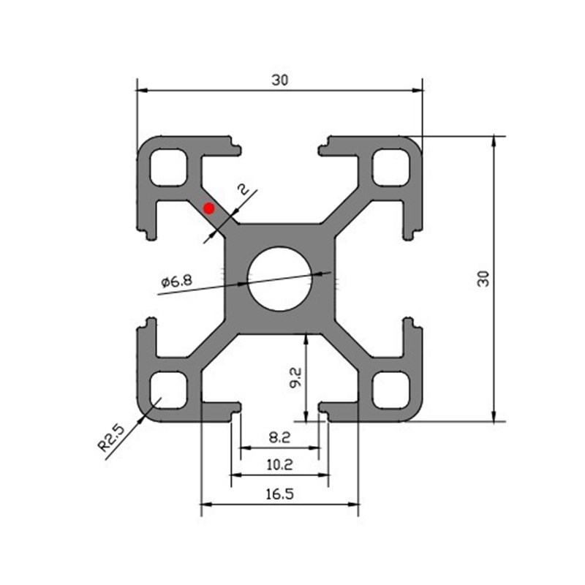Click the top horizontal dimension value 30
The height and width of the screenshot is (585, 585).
tap(279, 81)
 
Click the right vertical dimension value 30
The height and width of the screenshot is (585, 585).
tap(483, 278)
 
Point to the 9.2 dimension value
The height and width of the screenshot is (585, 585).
tap(295, 377)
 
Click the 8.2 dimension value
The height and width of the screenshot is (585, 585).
tap(279, 439)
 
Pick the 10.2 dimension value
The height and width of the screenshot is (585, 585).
tap(279, 464)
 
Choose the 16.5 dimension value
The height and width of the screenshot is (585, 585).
tap(279, 494)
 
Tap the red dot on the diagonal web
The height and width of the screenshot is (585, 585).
tap(209, 208)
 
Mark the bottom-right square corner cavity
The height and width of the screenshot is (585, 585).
tap(390, 390)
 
